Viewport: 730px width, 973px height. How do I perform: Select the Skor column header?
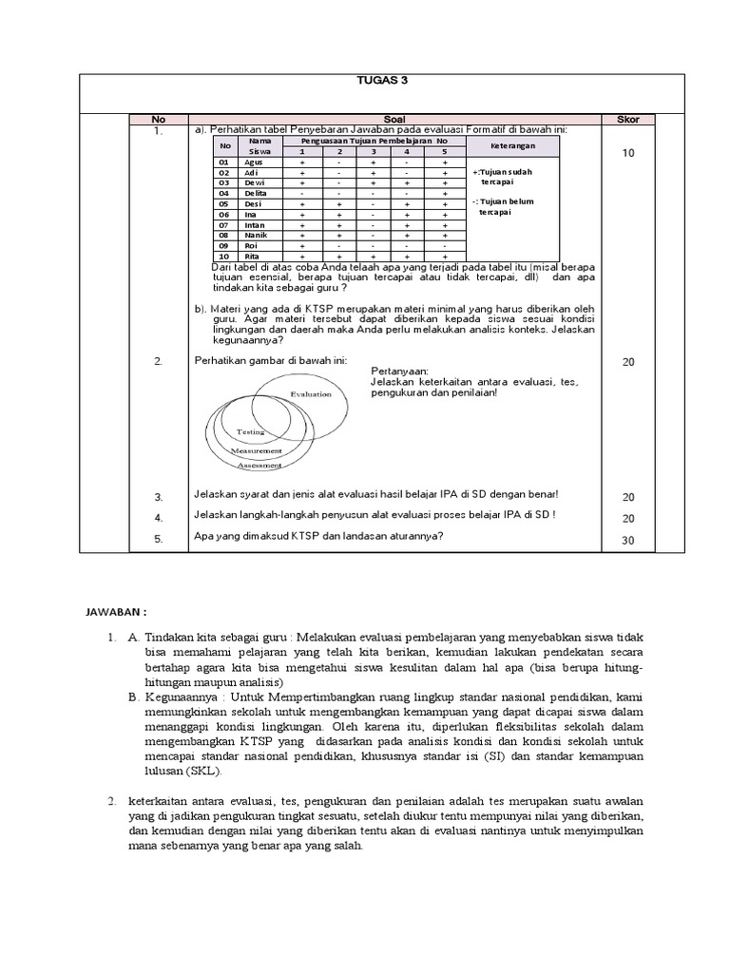628,120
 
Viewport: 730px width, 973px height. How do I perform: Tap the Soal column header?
394,120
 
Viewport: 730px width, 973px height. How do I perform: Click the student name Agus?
254,162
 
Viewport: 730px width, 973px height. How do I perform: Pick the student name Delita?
257,193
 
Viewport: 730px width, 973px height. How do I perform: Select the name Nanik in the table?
257,235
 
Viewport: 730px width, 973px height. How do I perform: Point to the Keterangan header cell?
512,146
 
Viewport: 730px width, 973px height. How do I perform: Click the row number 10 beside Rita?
224,257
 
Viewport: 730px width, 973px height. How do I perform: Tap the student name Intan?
256,224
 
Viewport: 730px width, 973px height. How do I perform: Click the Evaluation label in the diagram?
311,393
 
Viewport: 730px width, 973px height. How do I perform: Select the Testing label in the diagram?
250,431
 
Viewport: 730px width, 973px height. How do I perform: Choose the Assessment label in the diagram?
259,466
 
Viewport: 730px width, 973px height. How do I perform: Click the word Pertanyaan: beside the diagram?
399,371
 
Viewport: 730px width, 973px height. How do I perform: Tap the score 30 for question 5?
628,540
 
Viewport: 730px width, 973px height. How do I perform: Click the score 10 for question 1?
628,152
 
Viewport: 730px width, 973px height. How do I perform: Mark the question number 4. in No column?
159,518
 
